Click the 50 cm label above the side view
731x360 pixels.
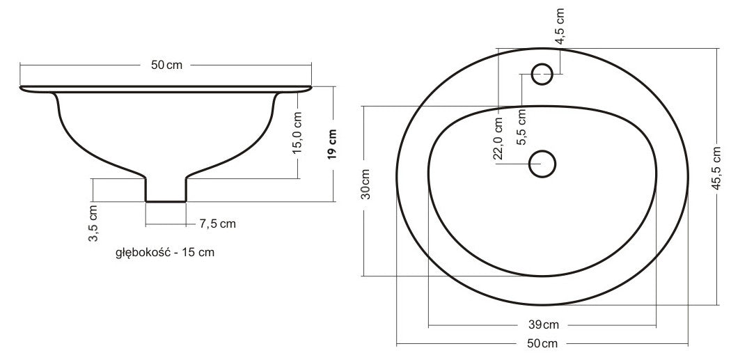point(166,65)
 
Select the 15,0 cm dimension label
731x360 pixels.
point(299,132)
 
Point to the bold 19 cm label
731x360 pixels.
point(332,144)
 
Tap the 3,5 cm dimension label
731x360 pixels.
point(93,223)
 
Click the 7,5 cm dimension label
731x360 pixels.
point(218,224)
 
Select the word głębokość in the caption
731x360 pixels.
point(143,253)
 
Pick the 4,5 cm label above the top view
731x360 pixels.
point(560,26)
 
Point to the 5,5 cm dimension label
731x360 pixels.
point(521,127)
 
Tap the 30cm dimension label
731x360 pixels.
point(366,184)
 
